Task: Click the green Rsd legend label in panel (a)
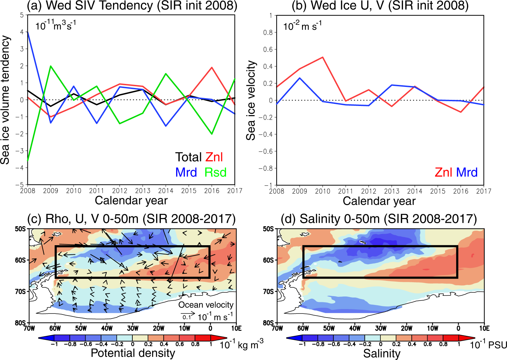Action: click(215, 173)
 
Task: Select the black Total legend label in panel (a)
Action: click(188, 157)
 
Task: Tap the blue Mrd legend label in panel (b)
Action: click(467, 173)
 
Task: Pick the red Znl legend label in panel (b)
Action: click(444, 173)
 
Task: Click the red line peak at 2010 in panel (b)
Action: click(322, 57)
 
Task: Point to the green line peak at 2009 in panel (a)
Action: click(51, 66)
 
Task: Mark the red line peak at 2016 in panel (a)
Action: click(212, 68)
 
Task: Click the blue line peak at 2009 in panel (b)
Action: click(300, 78)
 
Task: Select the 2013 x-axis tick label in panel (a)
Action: click(143, 191)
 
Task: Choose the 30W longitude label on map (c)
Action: click(133, 328)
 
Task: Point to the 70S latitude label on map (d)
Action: click(268, 292)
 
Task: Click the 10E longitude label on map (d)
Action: click(484, 328)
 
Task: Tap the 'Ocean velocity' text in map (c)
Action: click(206, 305)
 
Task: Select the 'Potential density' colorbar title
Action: click(133, 353)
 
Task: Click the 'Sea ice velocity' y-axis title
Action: click(251, 101)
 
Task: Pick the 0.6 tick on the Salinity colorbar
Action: click(428, 344)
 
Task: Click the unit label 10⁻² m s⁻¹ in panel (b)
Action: click(302, 26)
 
